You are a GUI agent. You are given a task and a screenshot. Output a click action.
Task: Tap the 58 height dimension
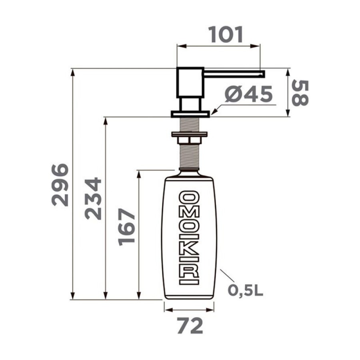[x=300, y=93]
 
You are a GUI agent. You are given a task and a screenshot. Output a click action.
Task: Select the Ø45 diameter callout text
[x=249, y=94]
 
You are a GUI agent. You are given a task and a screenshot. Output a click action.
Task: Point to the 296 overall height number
[x=60, y=185]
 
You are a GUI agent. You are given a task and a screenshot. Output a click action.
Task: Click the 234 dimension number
[x=93, y=198]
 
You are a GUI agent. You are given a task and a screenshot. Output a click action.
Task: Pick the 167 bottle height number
[x=126, y=227]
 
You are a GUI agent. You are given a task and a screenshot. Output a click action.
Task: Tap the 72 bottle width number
[x=190, y=326]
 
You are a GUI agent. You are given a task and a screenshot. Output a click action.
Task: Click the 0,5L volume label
[x=246, y=291]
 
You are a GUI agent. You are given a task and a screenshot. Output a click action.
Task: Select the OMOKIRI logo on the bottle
[x=189, y=238]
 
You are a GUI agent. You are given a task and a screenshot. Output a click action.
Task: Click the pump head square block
[x=190, y=83]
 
